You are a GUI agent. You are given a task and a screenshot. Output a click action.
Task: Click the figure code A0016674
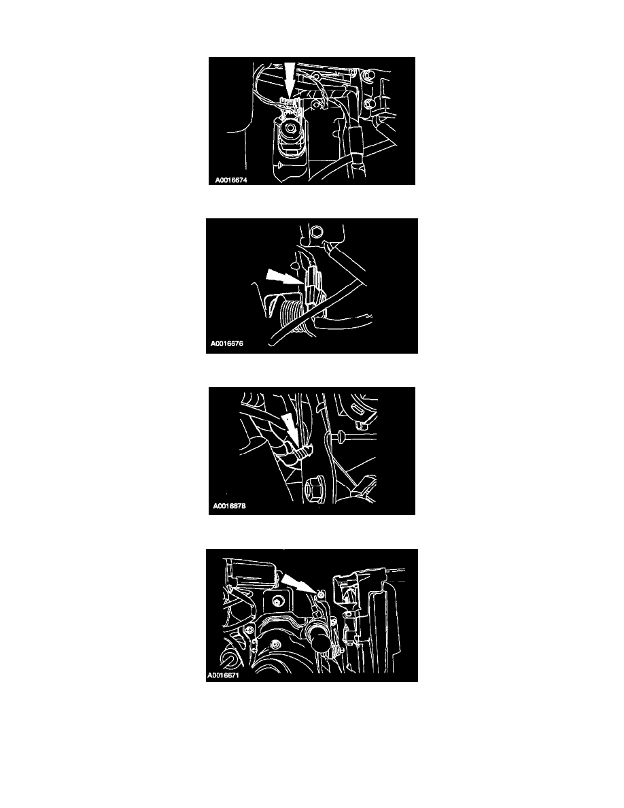(x=231, y=180)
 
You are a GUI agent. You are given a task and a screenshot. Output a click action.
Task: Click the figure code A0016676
(x=227, y=343)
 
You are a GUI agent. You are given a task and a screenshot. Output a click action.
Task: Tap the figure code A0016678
(x=230, y=506)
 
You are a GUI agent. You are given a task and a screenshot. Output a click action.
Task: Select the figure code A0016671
(x=224, y=675)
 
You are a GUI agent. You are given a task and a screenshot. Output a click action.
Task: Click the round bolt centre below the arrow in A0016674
(x=292, y=127)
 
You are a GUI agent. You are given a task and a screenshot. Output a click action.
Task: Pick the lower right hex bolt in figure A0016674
(x=368, y=105)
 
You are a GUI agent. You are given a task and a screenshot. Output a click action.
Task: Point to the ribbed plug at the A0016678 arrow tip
(x=302, y=452)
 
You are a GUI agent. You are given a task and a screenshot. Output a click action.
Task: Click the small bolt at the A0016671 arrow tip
(x=322, y=594)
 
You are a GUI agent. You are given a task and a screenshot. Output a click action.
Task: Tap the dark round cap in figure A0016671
(x=319, y=643)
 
